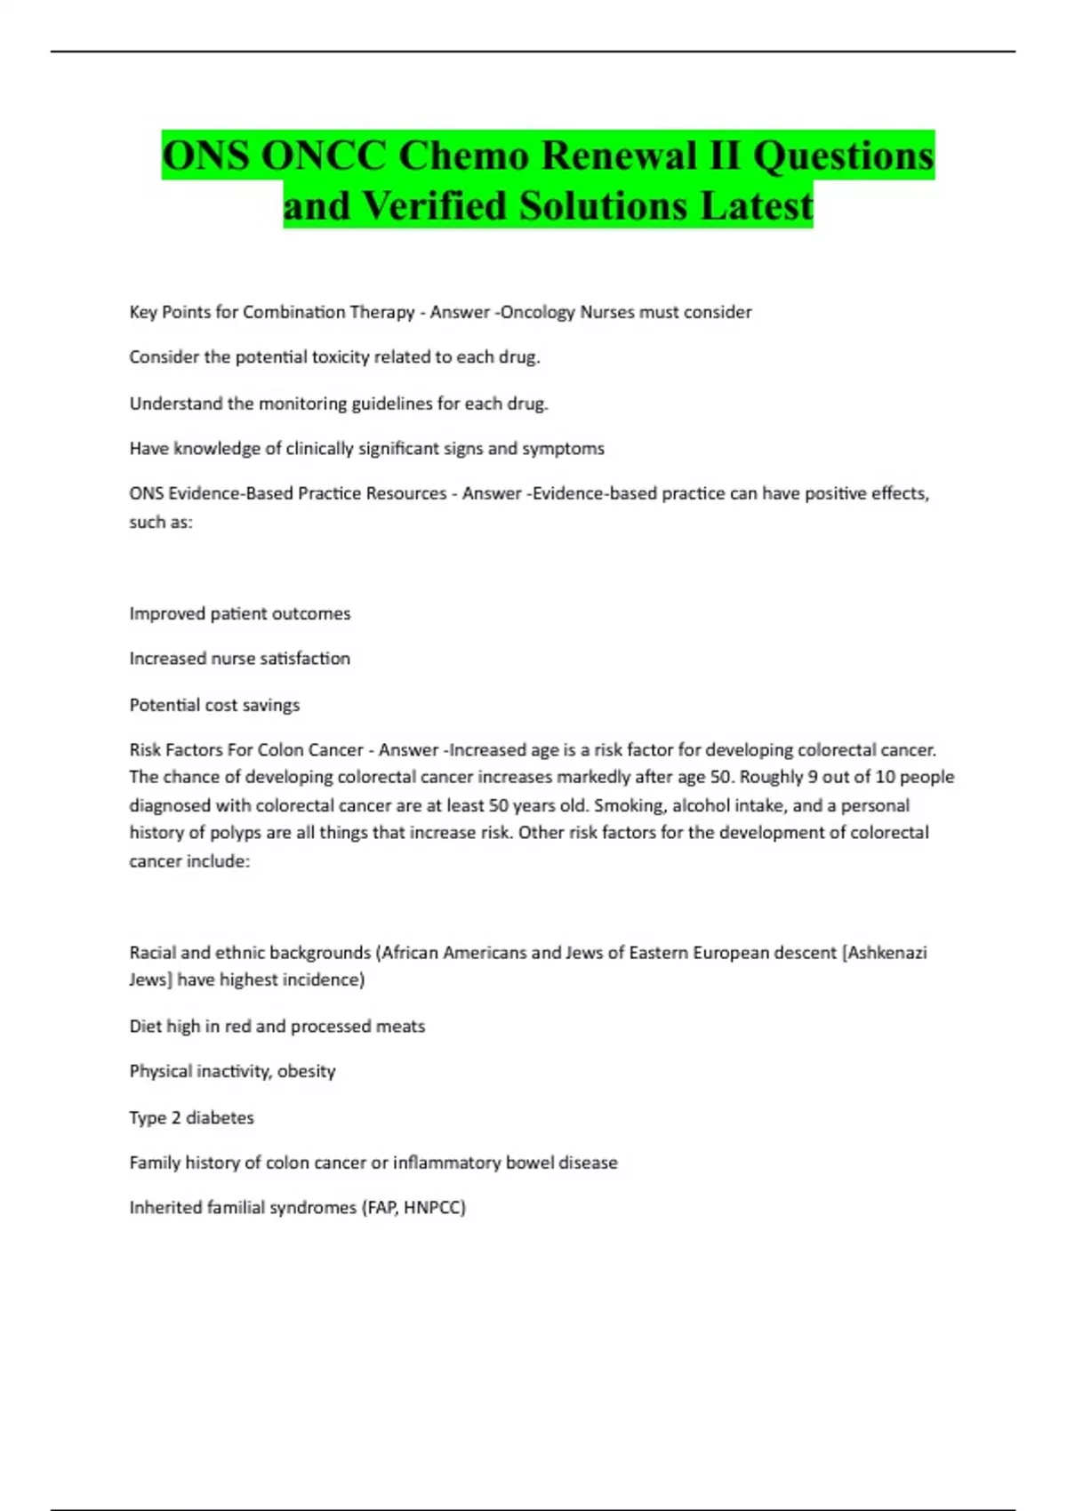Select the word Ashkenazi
coord(886,953)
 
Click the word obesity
coord(306,1072)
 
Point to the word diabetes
coord(220,1118)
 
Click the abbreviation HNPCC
coord(434,1208)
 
